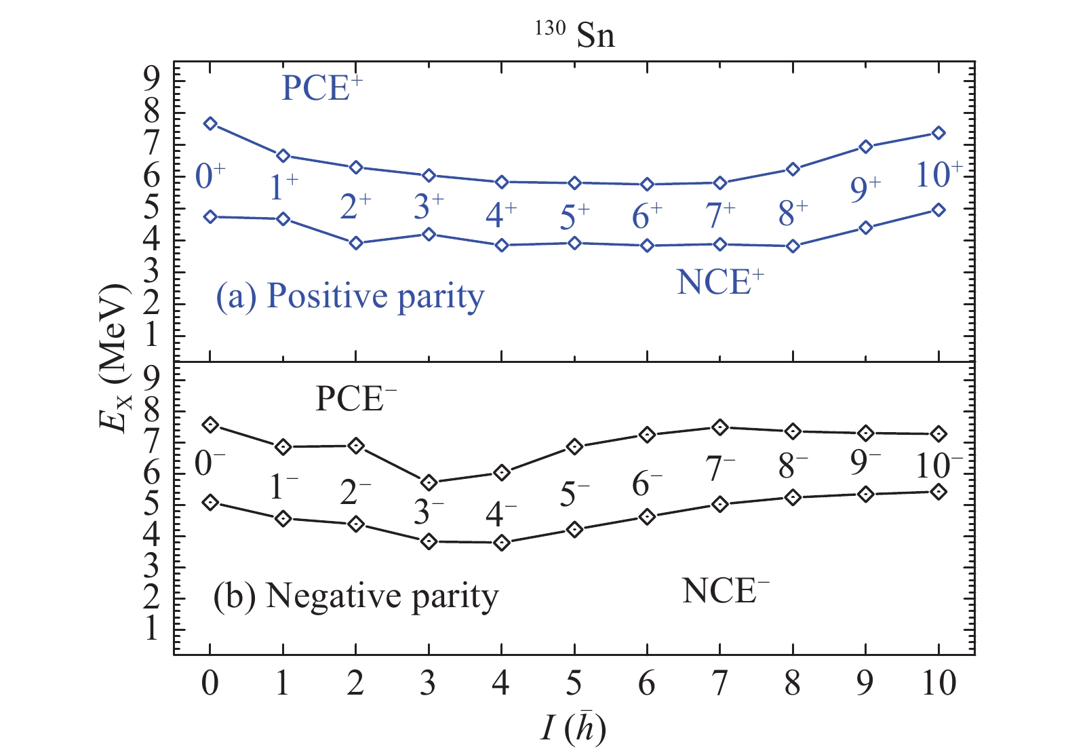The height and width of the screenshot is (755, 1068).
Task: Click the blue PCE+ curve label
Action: [x=322, y=88]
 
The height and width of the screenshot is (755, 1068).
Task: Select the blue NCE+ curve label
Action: [x=720, y=282]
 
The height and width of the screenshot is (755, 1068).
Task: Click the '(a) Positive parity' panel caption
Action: [x=350, y=297]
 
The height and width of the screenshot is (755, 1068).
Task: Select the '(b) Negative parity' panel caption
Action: [x=356, y=597]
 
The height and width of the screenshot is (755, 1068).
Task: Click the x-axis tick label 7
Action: [x=720, y=684]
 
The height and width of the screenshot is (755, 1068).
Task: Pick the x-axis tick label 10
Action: [x=938, y=684]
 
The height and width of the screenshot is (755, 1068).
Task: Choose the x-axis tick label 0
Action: [x=210, y=684]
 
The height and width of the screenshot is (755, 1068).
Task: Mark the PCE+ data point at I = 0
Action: [x=210, y=123]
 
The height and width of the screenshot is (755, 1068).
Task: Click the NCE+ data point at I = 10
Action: [x=938, y=210]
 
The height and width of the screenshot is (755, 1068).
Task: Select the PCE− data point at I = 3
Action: [x=429, y=483]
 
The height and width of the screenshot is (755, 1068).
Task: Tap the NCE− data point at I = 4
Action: [x=502, y=543]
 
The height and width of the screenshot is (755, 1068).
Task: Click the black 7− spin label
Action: [x=720, y=469]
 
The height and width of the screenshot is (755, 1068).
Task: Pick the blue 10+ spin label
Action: [x=938, y=175]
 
